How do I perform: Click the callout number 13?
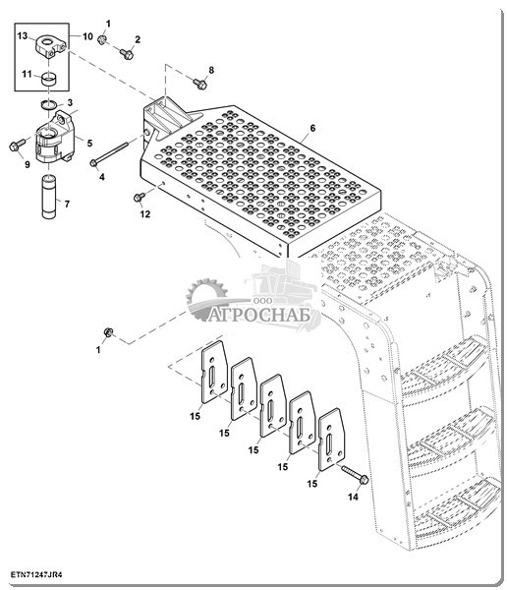[x=23, y=35]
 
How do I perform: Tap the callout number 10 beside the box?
[x=87, y=36]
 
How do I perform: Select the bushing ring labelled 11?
[x=48, y=80]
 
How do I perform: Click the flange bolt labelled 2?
[x=127, y=54]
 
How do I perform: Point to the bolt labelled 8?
[x=200, y=84]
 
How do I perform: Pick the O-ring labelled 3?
[x=49, y=104]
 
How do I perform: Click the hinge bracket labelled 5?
[x=54, y=138]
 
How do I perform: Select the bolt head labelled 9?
[x=16, y=146]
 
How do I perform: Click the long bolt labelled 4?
[x=109, y=151]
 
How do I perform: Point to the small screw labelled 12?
[x=140, y=197]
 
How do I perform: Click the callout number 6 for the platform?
[x=312, y=128]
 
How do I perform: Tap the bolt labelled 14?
[x=355, y=474]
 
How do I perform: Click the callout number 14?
[x=353, y=497]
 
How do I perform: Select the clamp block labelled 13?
[x=51, y=46]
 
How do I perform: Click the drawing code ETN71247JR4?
[x=36, y=574]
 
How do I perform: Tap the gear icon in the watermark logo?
[x=207, y=300]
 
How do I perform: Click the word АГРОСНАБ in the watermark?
[x=260, y=315]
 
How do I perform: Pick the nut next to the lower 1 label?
[x=109, y=332]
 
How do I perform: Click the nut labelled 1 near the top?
[x=101, y=40]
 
